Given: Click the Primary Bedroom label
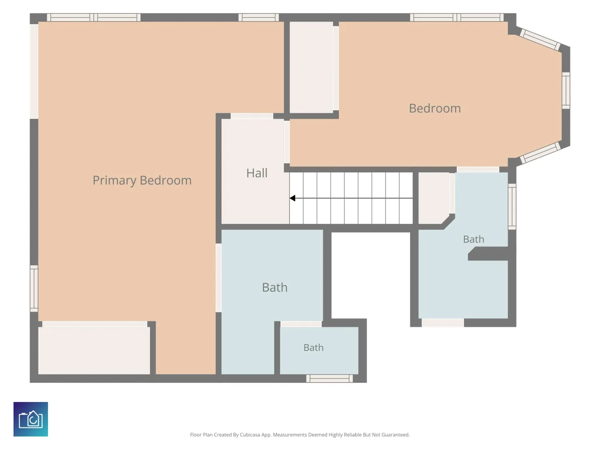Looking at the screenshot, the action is coord(142,180).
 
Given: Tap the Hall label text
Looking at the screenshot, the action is coord(257,173).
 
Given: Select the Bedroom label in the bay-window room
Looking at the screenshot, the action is coord(435,108).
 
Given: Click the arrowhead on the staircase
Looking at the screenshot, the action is coord(292,198).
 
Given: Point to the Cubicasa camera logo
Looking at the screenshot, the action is coord(30,419).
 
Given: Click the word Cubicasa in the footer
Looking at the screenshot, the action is coord(250,435).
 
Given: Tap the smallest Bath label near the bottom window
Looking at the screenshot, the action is coord(313,347).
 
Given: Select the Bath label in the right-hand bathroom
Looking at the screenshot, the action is coord(473,239).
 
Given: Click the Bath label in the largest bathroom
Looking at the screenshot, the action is coord(275,287).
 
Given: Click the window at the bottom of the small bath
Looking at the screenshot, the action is coord(330,378).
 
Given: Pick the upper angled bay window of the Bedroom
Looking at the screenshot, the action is coord(540,40).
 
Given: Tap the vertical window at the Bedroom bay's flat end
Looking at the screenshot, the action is coord(566,90).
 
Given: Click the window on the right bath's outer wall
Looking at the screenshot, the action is coord(512,207).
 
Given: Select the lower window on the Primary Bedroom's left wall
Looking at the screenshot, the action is coord(34,288).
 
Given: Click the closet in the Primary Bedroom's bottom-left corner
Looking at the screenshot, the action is coord(94,350).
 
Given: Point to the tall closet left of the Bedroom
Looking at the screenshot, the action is coord(311,67).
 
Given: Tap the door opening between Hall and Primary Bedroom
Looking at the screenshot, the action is coord(252,116).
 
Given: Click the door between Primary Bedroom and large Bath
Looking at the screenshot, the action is coord(218,278).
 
